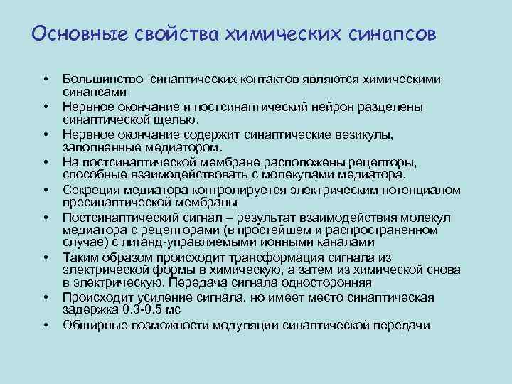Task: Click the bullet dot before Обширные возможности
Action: tap(44, 325)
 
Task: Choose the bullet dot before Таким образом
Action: tap(44, 257)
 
